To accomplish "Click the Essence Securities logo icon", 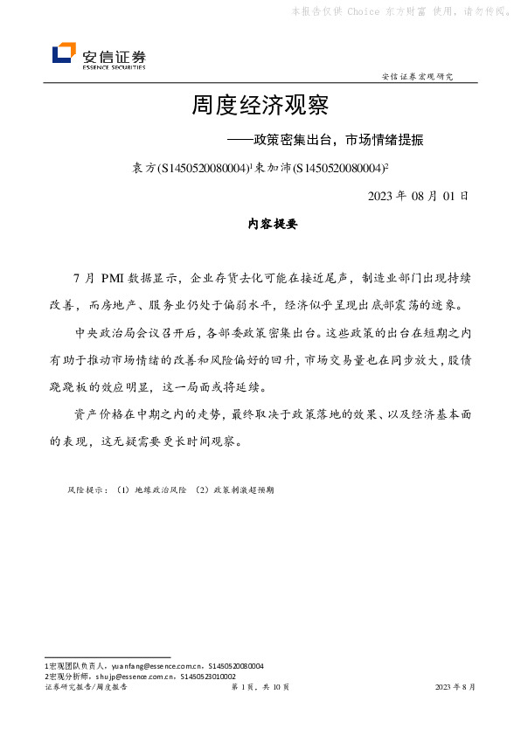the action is click(64, 54).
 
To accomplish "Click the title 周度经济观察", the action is click(260, 107).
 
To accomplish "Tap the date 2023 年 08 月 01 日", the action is click(419, 195).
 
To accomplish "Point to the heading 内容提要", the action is click(274, 224).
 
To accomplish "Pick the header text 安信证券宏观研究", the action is click(418, 76).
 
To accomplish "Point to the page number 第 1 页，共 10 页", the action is click(260, 688).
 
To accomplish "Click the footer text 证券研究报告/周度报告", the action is click(86, 688).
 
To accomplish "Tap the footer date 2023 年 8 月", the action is click(455, 688).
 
